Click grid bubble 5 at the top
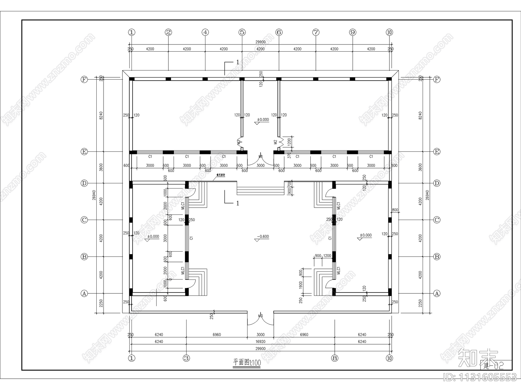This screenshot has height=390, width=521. [242, 32]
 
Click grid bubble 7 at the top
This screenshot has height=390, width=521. [316, 32]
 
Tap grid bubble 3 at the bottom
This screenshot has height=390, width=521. [186, 358]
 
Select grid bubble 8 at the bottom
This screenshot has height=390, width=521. [335, 358]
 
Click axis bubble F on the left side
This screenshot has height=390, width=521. [84, 79]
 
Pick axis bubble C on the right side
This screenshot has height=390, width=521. [437, 220]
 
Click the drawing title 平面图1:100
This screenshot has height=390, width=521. [247, 363]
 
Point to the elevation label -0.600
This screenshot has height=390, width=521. [263, 237]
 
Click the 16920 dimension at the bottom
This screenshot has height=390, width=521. [260, 342]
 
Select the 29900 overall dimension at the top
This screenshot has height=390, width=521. [260, 42]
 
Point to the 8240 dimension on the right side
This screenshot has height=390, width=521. [420, 115]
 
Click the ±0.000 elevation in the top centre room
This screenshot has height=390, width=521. [263, 120]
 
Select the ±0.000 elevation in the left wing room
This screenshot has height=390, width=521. [153, 237]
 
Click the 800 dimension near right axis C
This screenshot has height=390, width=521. [395, 210]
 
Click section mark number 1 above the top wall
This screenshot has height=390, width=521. [237, 62]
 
